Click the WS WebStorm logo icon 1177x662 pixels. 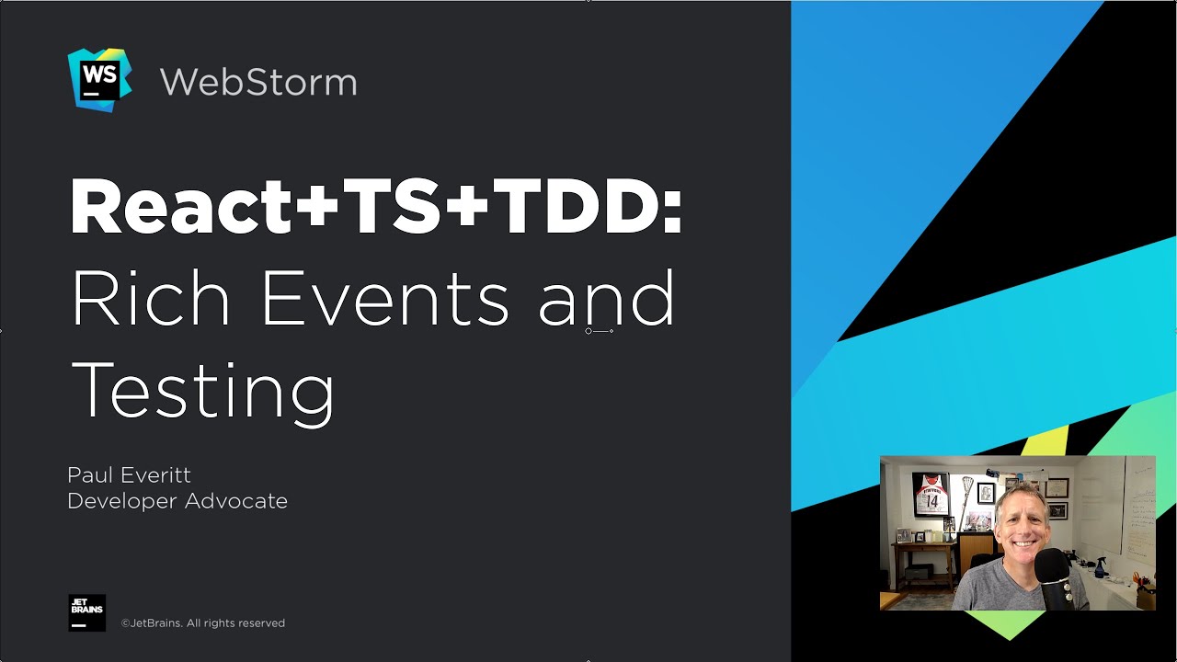click(99, 80)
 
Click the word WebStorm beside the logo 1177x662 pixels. click(258, 82)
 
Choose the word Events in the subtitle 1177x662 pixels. click(385, 300)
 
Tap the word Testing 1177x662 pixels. click(202, 391)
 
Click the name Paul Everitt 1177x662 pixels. click(129, 475)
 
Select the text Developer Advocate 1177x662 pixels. click(177, 501)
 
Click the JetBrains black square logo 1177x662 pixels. click(87, 612)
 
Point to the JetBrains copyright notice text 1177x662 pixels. click(203, 623)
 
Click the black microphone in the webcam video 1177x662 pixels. click(1052, 576)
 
